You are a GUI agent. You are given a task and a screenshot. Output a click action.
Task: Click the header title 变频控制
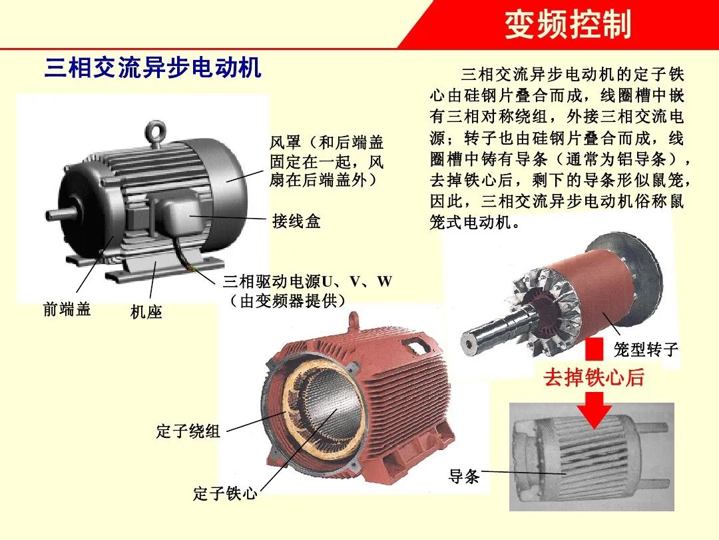point(567,25)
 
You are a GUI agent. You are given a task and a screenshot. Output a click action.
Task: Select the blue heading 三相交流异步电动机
point(152,68)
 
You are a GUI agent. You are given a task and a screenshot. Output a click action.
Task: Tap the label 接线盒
point(296,221)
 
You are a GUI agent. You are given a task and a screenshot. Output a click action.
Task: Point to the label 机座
point(146,311)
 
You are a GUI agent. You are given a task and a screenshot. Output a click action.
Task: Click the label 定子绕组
point(188,431)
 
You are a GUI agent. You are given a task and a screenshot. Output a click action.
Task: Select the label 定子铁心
point(225,494)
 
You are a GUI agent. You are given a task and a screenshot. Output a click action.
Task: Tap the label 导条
point(464,477)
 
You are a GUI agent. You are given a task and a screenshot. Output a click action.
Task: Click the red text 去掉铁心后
point(594,377)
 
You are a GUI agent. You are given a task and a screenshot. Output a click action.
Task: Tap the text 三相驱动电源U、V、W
point(308,282)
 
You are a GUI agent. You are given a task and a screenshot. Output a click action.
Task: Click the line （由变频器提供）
point(288,301)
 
